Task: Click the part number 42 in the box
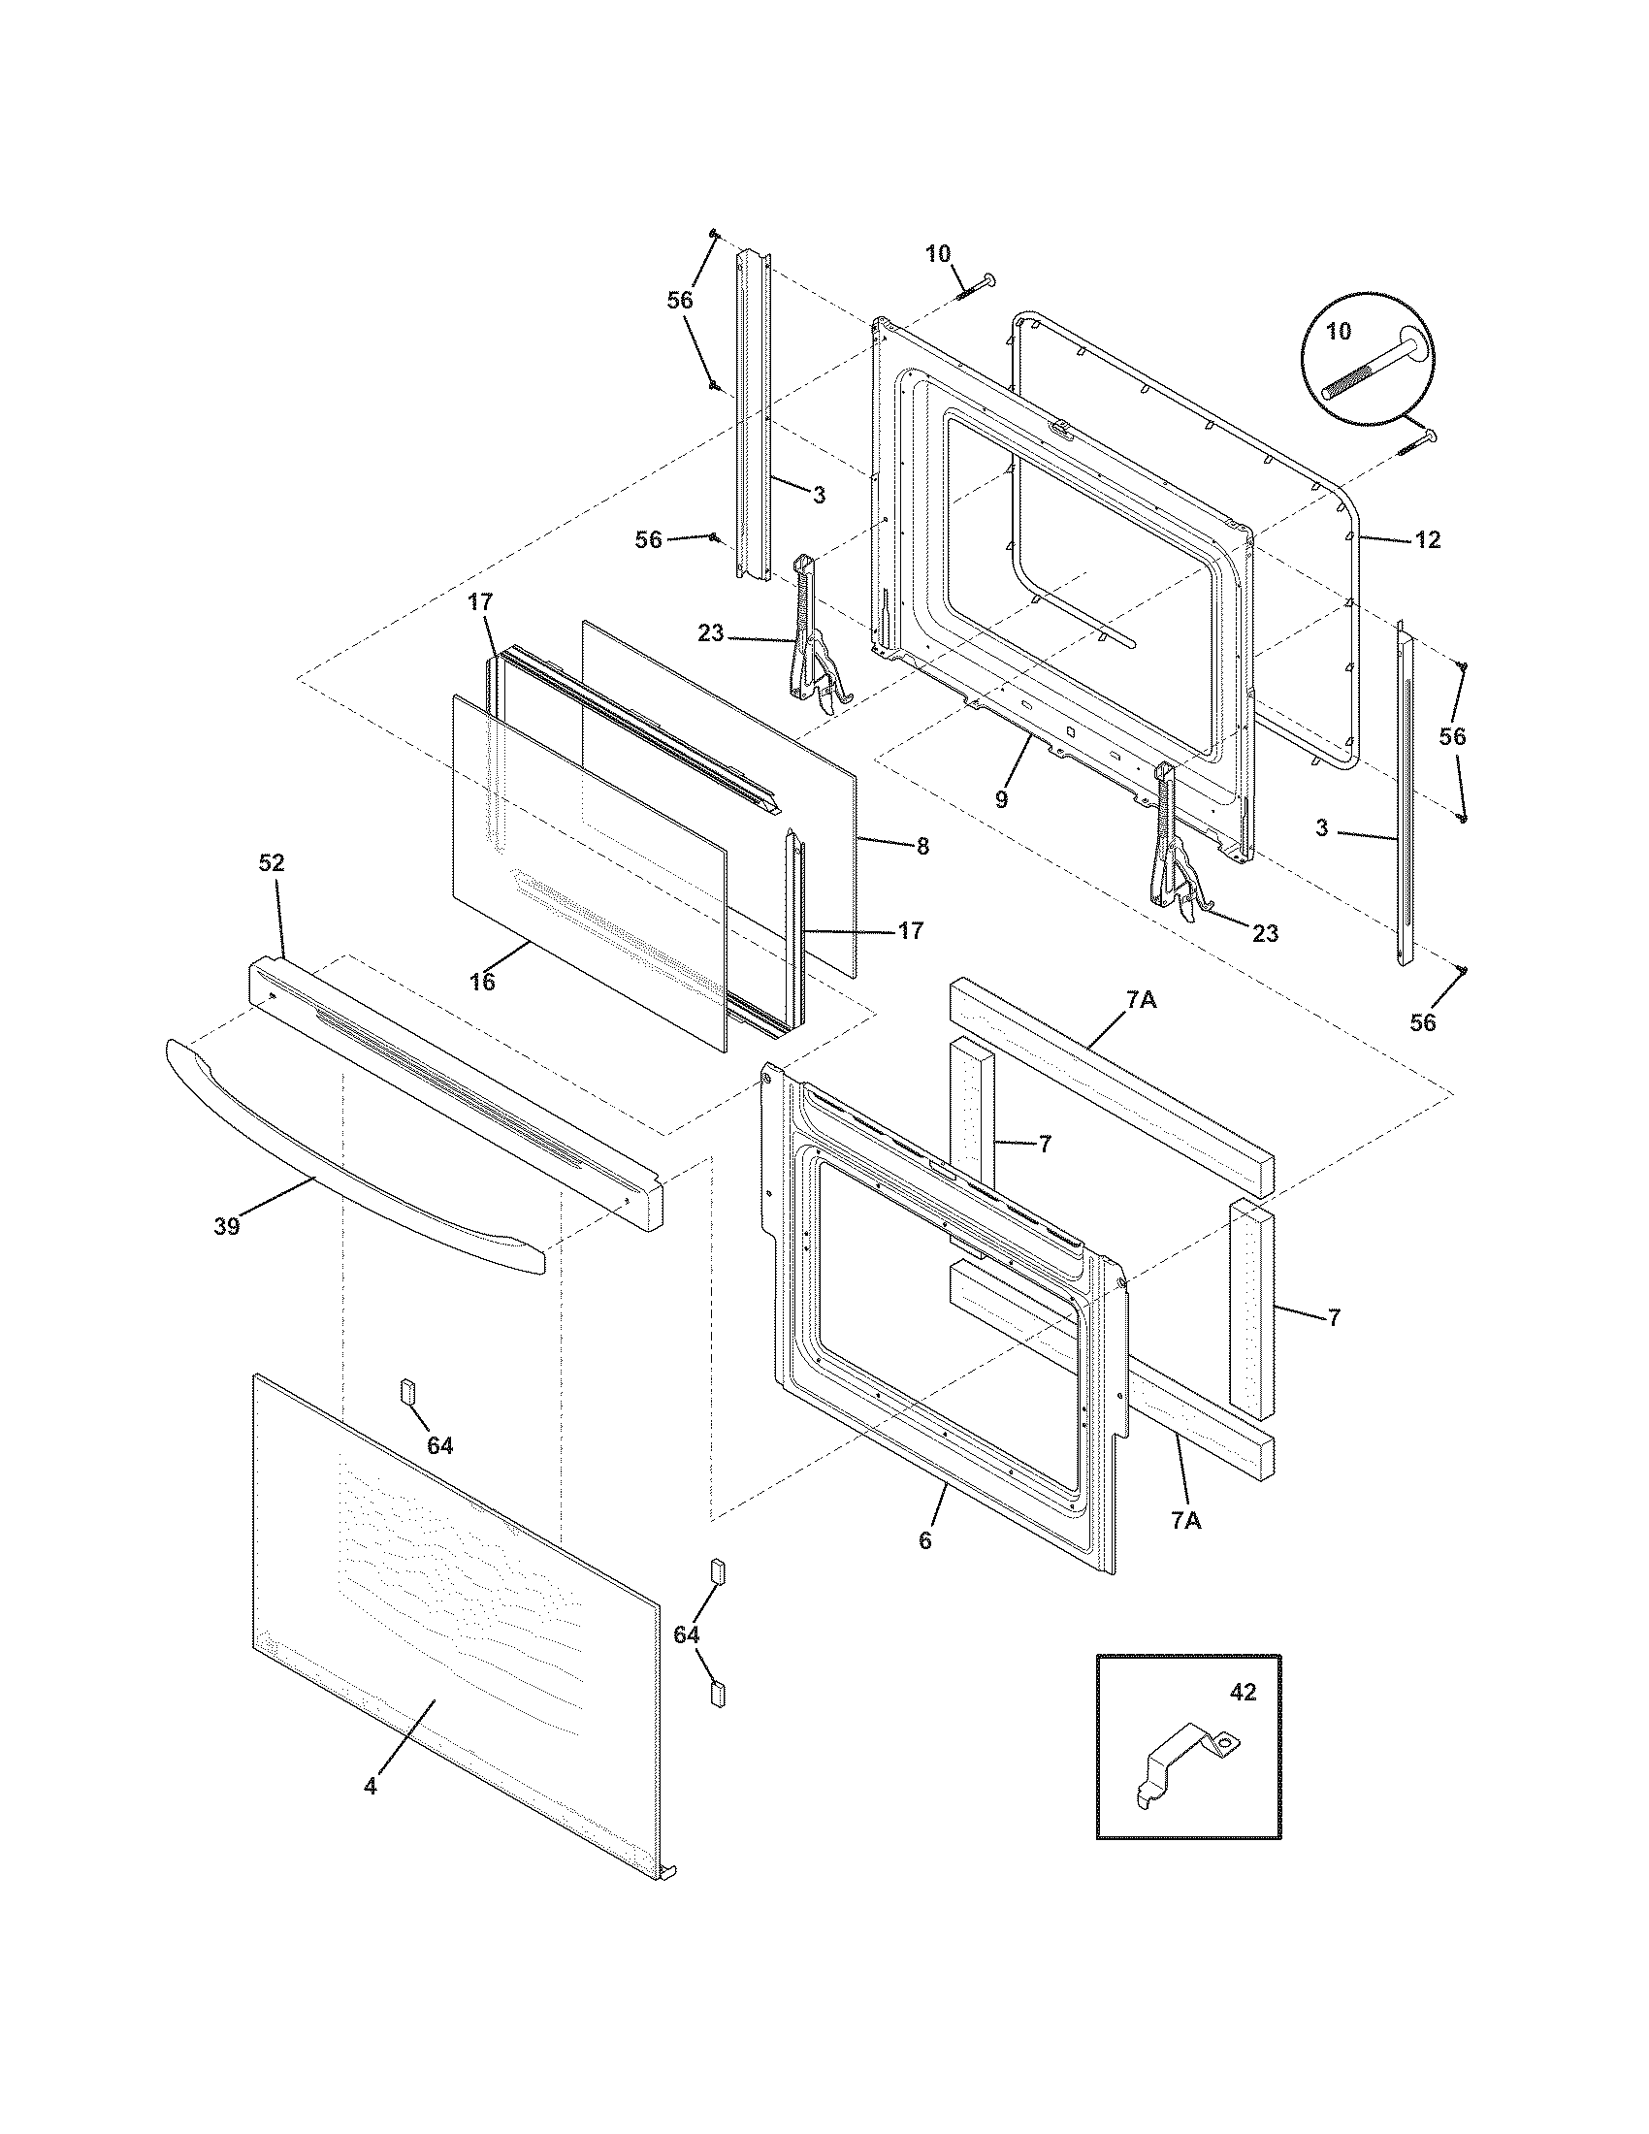click(1243, 1693)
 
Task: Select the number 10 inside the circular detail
click(1339, 331)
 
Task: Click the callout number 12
click(1427, 540)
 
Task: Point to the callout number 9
click(1001, 799)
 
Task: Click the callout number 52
click(272, 862)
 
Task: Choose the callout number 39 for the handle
click(227, 1226)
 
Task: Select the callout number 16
click(482, 982)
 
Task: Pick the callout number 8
click(922, 847)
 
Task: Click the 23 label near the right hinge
click(1265, 933)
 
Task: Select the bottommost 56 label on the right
click(1423, 1022)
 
